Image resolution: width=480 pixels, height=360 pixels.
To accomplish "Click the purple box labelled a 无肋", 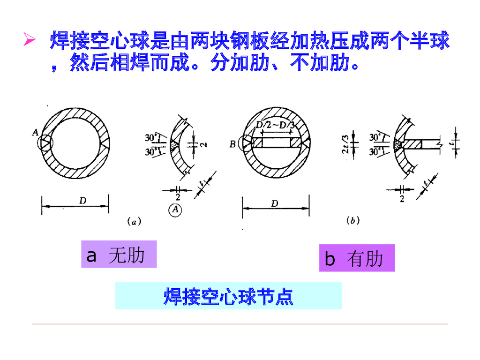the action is click(119, 255).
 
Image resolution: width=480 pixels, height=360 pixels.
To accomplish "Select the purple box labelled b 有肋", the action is click(357, 258).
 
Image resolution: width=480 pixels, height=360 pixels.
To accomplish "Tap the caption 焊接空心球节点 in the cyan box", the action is click(228, 296).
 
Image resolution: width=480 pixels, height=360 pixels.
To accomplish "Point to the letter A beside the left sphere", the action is click(35, 133).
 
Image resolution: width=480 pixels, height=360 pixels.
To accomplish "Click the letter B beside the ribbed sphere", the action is click(232, 144).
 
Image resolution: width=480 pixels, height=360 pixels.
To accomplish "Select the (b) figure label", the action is click(352, 221).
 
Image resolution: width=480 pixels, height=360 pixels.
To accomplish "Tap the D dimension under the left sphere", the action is click(82, 201).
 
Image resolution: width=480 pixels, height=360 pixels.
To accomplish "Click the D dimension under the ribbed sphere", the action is click(275, 203).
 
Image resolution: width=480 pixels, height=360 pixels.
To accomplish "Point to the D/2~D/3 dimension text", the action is click(276, 125).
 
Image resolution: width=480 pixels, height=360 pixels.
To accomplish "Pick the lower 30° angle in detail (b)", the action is click(375, 151).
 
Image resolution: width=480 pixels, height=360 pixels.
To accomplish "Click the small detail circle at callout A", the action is click(45, 142).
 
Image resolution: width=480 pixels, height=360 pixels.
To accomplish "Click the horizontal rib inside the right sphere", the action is click(276, 142).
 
